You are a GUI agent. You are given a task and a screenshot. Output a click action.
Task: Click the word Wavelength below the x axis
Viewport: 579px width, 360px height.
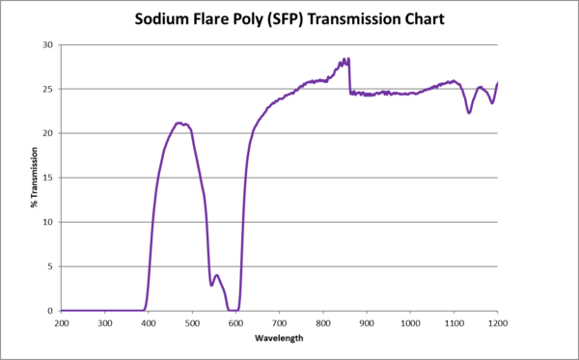tap(279, 339)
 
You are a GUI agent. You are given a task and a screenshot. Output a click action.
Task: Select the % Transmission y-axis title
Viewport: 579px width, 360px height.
tap(34, 177)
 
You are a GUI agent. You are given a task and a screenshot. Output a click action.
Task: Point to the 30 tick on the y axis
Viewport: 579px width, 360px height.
tap(48, 44)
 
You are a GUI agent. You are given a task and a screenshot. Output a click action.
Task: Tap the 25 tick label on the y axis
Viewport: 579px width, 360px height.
tap(48, 89)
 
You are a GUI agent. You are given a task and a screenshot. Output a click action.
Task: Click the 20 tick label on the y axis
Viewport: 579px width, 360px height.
tap(48, 133)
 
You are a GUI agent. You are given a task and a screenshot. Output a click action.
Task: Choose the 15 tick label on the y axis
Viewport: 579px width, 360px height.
tap(48, 178)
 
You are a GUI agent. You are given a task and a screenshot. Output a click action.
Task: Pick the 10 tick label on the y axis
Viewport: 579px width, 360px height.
tap(48, 222)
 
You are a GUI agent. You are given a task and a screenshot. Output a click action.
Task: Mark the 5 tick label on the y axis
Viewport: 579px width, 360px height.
tap(51, 266)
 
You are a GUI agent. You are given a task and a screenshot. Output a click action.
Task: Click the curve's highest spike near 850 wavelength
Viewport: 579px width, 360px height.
tap(346, 59)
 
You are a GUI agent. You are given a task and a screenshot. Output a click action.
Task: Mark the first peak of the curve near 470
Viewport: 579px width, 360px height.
tap(179, 123)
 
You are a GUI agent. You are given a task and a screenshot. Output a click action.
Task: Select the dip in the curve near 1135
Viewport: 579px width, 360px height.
tap(469, 113)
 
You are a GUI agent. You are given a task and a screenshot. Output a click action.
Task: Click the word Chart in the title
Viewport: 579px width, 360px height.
tap(421, 19)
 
